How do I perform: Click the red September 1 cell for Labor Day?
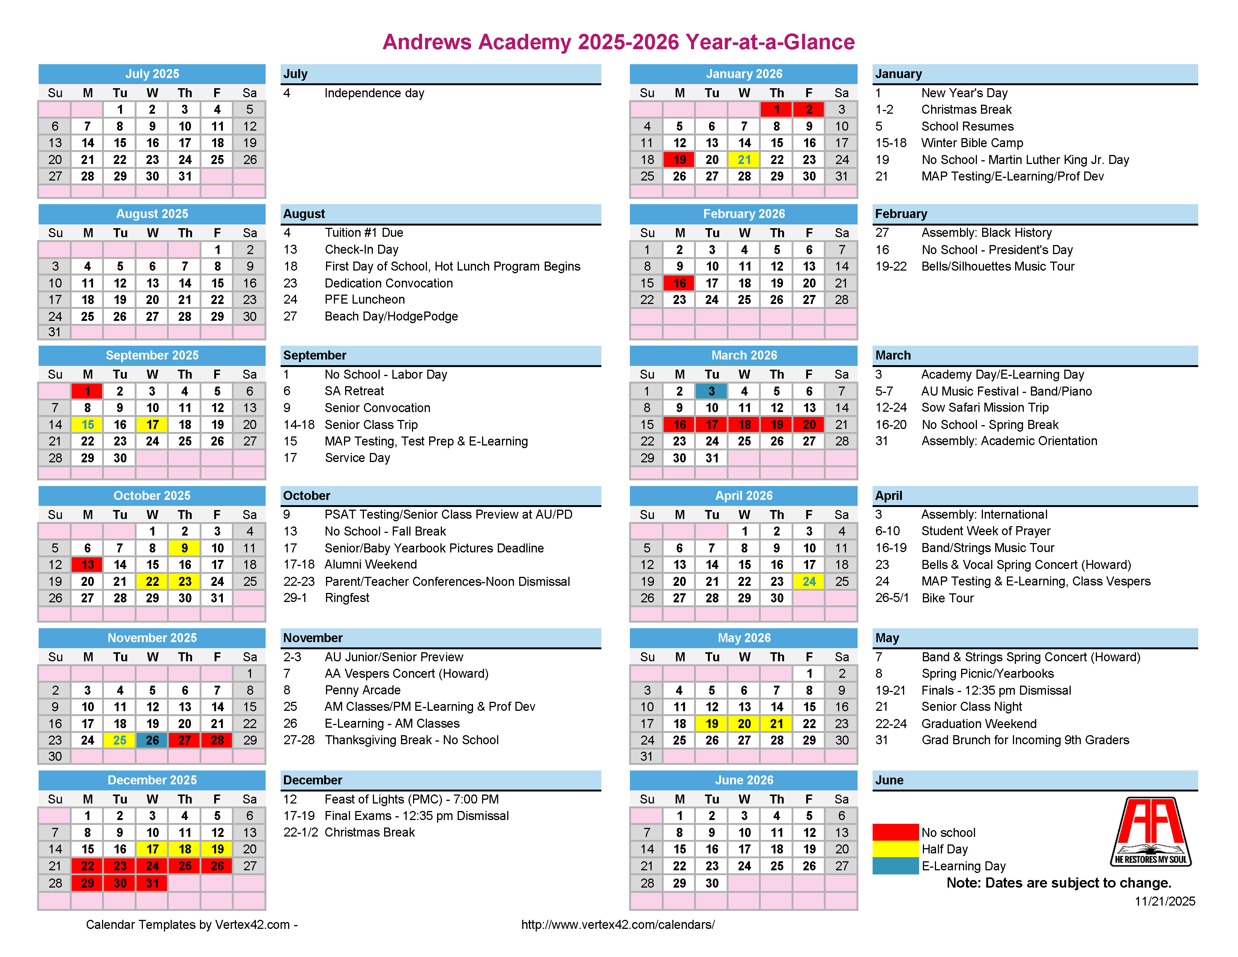(x=87, y=391)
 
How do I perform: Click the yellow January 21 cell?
(x=744, y=160)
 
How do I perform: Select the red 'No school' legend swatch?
(x=895, y=832)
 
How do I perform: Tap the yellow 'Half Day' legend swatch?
(x=895, y=849)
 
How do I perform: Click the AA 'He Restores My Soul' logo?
(x=1151, y=832)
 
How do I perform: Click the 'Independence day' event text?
(x=374, y=93)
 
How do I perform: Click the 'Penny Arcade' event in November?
(x=362, y=690)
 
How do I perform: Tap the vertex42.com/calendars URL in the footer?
(x=618, y=925)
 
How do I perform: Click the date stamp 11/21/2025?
(x=1165, y=901)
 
